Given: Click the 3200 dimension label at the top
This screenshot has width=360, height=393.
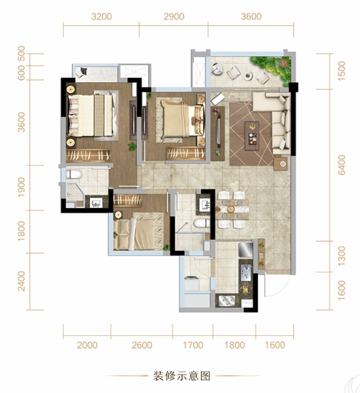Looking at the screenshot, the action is point(101,16).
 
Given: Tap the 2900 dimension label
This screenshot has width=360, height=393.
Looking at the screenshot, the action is point(174,16).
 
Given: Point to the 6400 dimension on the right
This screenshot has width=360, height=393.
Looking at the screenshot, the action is point(341,164).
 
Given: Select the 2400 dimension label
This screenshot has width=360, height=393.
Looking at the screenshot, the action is point(21,281).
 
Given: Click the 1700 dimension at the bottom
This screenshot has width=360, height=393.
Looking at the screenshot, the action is point(193,345).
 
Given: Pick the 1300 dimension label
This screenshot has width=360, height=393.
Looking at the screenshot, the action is point(341,256).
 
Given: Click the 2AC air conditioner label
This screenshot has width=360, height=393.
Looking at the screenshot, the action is point(135,72).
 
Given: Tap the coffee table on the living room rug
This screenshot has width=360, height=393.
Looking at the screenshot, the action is point(252,136).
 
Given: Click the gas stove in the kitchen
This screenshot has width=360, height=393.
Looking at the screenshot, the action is point(246,272).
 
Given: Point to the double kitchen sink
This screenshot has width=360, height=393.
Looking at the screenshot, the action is point(227,300).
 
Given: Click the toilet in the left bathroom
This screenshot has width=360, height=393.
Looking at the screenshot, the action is point(74,174).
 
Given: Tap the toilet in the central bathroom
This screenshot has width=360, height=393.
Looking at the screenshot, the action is point(201,223).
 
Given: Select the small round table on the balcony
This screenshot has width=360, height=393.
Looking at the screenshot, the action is point(248,75).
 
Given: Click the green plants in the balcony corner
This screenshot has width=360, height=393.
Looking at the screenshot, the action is point(272,67).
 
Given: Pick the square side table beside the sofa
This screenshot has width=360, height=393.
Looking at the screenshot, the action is point(281,164).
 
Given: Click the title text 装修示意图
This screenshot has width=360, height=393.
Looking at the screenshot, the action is point(181,376).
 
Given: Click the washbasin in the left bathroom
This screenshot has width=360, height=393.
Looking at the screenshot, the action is point(96,203).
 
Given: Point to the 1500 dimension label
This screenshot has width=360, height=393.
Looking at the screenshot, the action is point(341,71).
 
